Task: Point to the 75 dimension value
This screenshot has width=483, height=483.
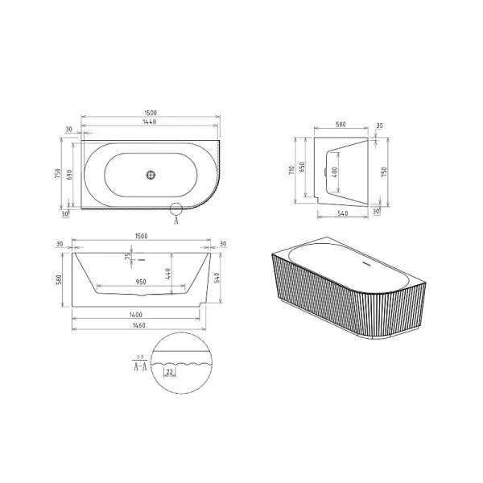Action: tap(127, 257)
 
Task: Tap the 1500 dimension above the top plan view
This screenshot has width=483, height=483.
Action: tap(140, 110)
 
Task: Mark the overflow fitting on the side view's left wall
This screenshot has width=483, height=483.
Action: tap(324, 171)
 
